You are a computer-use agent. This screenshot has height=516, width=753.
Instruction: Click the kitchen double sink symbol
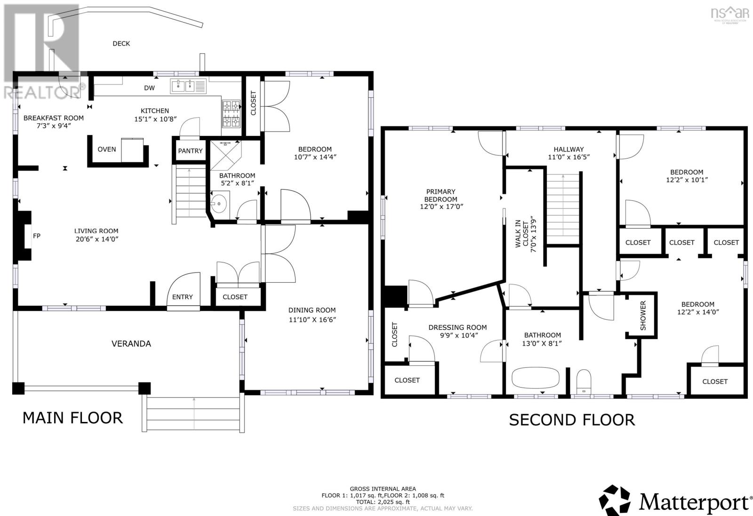pos(188,86)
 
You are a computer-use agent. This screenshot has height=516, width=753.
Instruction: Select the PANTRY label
pos(190,151)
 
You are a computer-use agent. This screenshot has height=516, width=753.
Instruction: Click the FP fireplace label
pos(37,236)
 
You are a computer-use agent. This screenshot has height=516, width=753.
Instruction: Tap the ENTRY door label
pos(182,297)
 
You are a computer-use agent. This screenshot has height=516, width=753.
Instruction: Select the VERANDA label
pos(131,344)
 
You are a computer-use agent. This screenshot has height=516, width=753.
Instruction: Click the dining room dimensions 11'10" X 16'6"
pos(312,320)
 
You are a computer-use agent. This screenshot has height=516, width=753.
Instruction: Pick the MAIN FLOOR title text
pos(72,418)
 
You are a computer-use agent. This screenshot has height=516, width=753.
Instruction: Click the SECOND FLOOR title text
pos(572,420)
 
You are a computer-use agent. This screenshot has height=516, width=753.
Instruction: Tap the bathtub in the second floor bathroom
pos(536,377)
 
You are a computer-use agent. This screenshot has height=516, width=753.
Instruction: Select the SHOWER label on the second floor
pos(643,315)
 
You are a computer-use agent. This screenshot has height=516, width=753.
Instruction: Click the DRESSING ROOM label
pos(457,327)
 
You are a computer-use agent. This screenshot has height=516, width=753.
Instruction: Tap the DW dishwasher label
pos(149,88)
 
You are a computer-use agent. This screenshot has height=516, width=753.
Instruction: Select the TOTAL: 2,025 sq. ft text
pos(382,502)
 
